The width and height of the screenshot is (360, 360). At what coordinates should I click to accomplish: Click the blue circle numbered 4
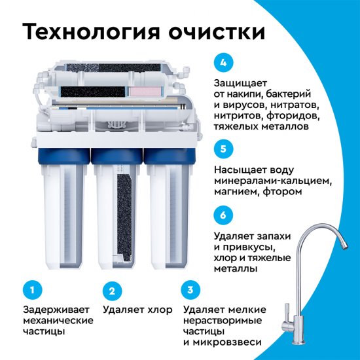pos(223,63)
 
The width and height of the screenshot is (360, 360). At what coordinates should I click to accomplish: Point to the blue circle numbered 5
pos(223,149)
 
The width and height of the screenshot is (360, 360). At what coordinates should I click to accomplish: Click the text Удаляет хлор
pos(137,309)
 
